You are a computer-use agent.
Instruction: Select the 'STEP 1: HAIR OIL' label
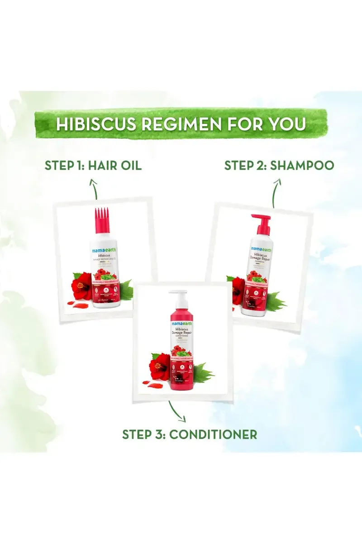(93, 165)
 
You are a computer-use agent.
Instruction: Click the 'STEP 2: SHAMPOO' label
(279, 165)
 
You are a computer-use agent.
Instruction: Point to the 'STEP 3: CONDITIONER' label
(190, 434)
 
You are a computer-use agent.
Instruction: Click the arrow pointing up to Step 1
(94, 188)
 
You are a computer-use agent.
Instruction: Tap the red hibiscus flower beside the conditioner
(159, 367)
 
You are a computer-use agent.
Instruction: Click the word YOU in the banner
(288, 124)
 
